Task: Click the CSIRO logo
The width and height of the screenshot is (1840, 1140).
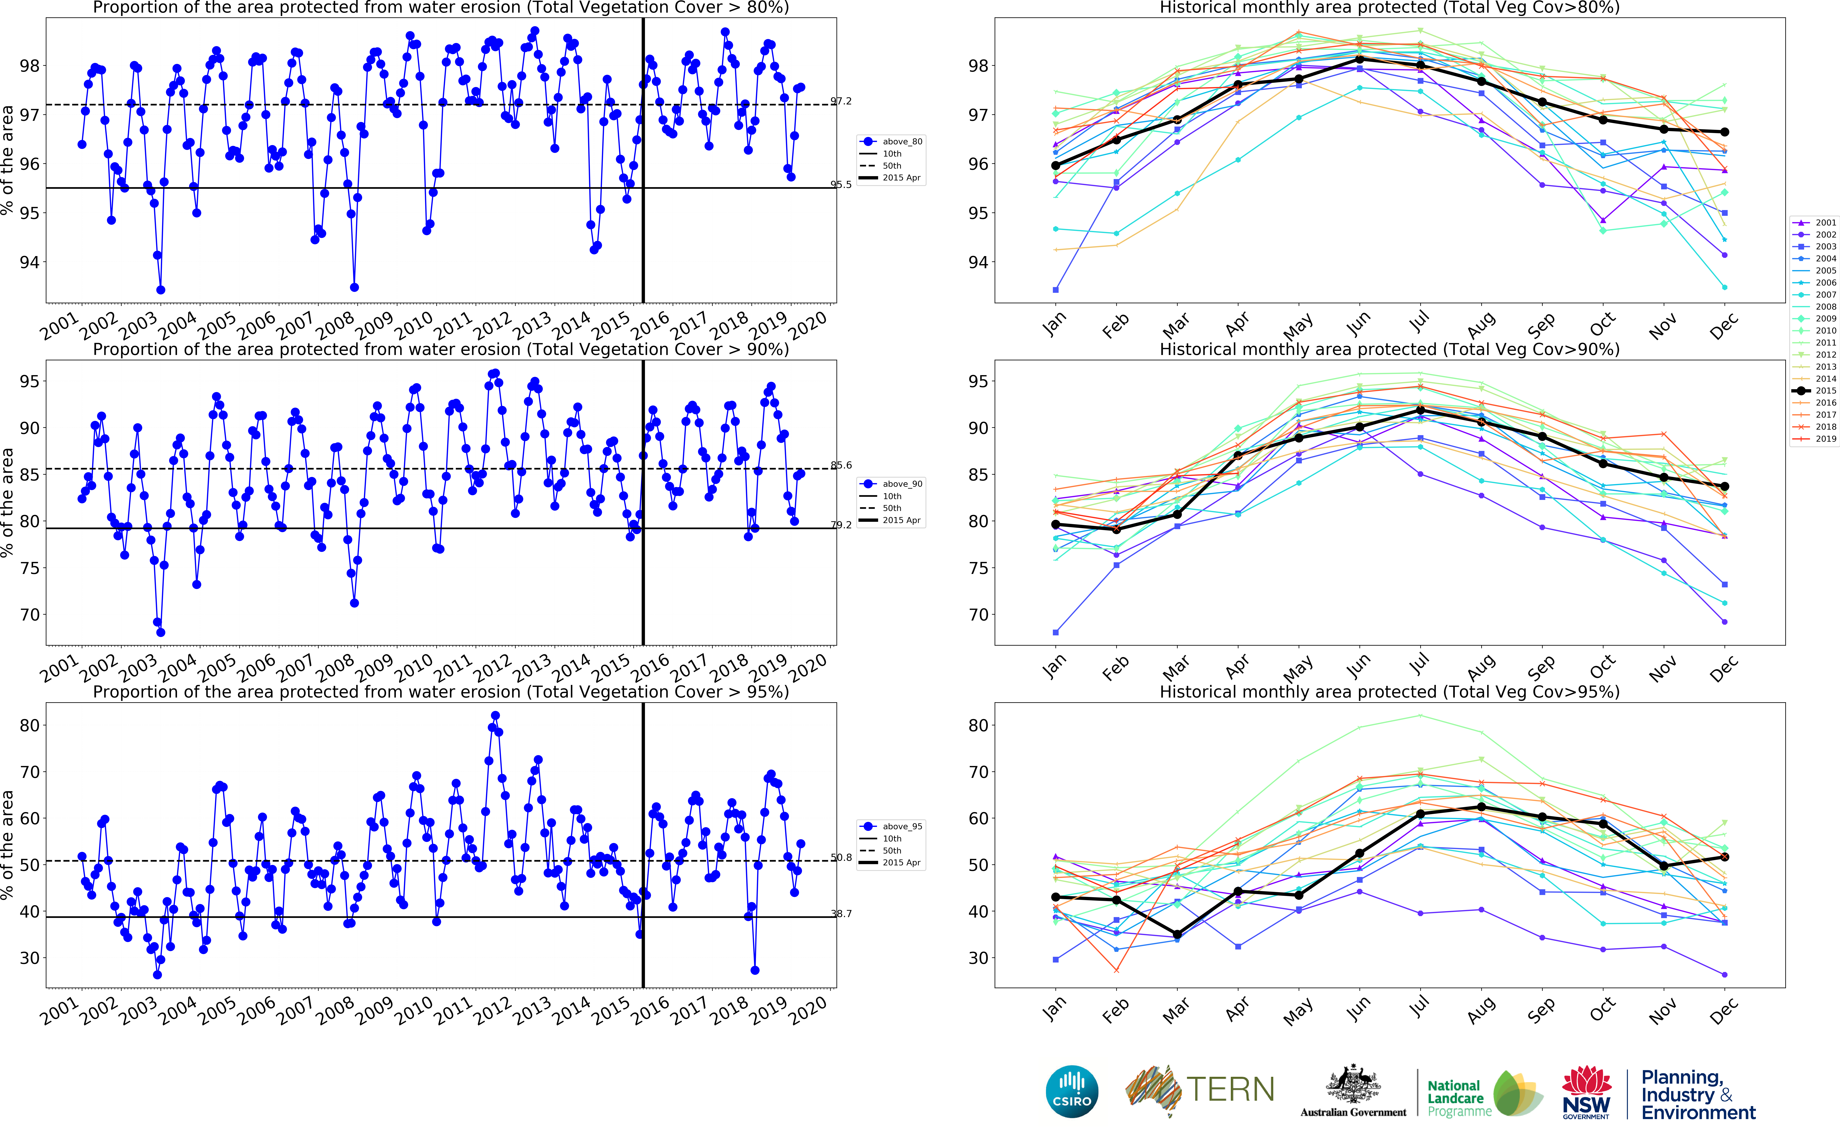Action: (x=1072, y=1092)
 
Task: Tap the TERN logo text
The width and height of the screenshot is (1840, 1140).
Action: (x=1230, y=1089)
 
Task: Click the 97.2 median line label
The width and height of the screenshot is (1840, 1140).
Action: (x=841, y=101)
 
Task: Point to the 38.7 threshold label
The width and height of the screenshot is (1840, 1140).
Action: (x=841, y=914)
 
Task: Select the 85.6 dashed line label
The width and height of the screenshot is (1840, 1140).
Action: (x=841, y=465)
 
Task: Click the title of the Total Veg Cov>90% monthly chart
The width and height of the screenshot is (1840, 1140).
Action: (x=1389, y=349)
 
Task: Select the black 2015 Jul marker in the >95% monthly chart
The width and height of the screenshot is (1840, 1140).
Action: (x=1420, y=814)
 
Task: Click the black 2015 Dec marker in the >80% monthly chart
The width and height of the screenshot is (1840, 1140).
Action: (x=1725, y=132)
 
